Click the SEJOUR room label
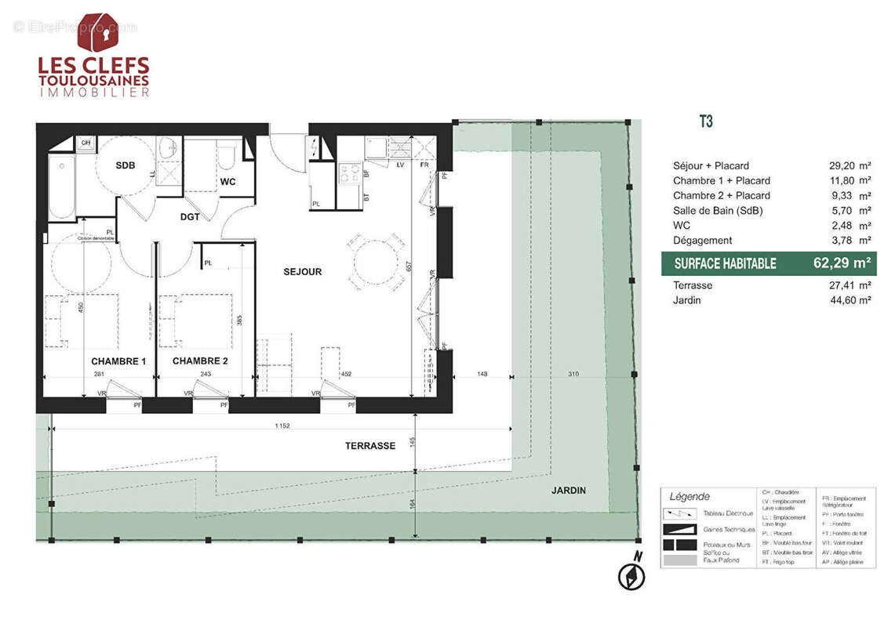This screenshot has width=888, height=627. click(302, 272)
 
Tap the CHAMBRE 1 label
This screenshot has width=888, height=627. click(118, 361)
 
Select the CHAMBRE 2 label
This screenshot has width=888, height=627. click(200, 361)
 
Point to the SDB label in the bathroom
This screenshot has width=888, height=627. click(126, 166)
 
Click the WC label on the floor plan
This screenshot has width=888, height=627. click(228, 182)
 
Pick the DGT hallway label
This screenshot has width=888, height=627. click(189, 217)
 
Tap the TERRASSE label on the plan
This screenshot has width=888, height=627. click(370, 445)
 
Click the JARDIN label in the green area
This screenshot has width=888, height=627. click(568, 491)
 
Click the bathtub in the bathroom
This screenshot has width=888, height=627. click(61, 187)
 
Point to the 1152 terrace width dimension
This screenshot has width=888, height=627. click(282, 426)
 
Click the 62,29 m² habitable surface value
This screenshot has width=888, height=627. click(843, 263)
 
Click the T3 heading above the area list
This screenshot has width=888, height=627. click(705, 122)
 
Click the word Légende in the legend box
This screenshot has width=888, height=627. click(690, 497)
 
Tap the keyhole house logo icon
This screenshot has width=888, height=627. click(98, 32)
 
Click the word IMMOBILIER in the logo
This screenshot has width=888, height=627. click(94, 92)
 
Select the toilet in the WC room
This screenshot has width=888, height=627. click(227, 156)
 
